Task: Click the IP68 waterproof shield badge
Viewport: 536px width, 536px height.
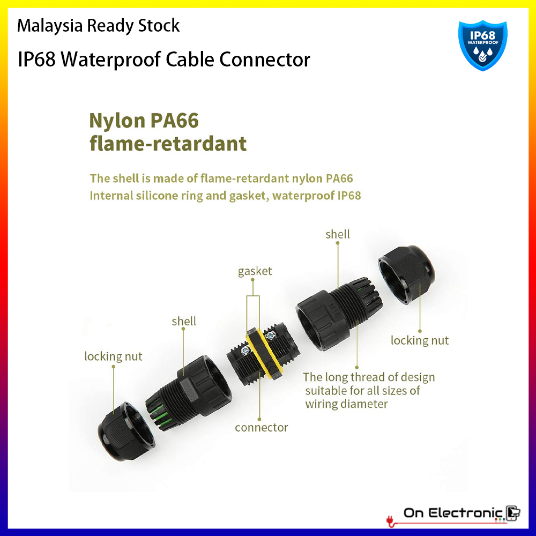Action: (x=482, y=45)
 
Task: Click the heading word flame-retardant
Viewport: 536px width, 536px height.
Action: (x=168, y=143)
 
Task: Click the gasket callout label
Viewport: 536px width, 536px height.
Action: (x=255, y=271)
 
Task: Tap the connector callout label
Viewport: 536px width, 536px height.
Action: (x=261, y=428)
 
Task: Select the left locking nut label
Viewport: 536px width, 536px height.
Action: (x=113, y=356)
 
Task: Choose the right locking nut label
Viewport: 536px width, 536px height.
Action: (x=419, y=340)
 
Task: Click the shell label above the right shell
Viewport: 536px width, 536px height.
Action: (x=338, y=234)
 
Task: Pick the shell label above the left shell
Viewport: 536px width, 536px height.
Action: (x=184, y=322)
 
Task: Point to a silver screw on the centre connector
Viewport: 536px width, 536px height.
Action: (x=246, y=350)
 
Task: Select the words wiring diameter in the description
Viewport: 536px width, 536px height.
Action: (x=346, y=404)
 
